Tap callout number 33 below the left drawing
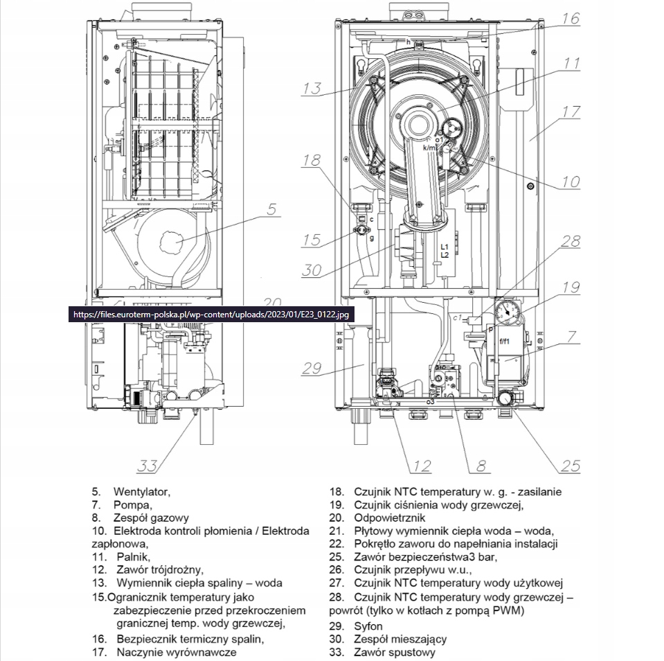point(147,465)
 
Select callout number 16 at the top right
point(570,19)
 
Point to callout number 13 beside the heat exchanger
point(312,88)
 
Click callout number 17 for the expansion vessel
point(571,111)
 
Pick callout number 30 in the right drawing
point(312,270)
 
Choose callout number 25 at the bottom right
point(570,465)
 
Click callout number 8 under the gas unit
point(481,465)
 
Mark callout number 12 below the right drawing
point(421,465)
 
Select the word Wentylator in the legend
point(141,491)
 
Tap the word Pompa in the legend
point(132,504)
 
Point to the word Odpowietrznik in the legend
point(388,518)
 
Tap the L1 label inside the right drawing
point(445,247)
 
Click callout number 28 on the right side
point(570,240)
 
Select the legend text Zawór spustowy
point(395,652)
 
